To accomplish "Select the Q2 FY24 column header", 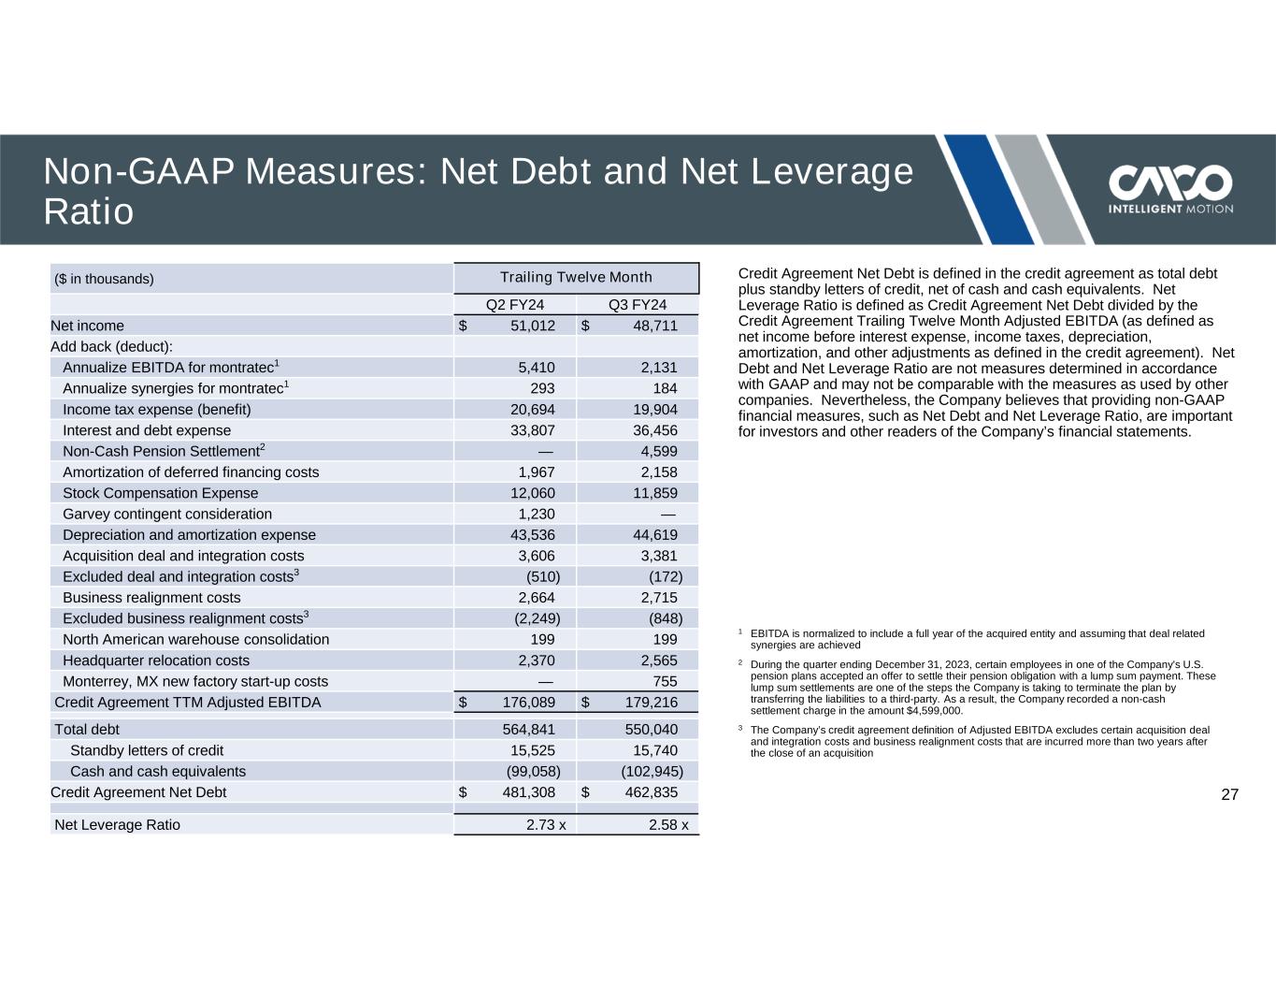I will coord(515,305).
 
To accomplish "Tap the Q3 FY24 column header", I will coord(638,305).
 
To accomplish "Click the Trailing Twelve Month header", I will coord(576,278).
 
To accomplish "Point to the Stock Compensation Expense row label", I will coord(160,493).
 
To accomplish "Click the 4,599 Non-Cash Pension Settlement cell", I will coord(657,451).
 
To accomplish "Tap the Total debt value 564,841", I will coord(529,730).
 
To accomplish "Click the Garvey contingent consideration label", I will coord(167,514).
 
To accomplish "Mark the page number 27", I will coord(1229,795).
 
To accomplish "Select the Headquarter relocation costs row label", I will coord(156,660).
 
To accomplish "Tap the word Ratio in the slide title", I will coord(89,212).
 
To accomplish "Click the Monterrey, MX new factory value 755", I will coord(664,681).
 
